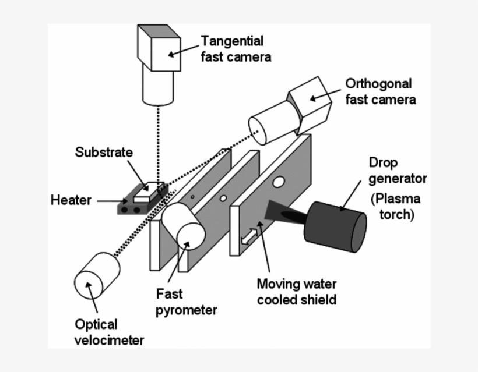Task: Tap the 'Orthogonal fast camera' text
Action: (381, 91)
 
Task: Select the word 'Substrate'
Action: (104, 153)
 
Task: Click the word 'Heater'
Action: (71, 200)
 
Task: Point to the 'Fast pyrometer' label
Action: (186, 302)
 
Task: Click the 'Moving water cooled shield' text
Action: (297, 292)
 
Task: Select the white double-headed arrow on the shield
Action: (248, 235)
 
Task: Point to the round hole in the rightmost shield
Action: (279, 183)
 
